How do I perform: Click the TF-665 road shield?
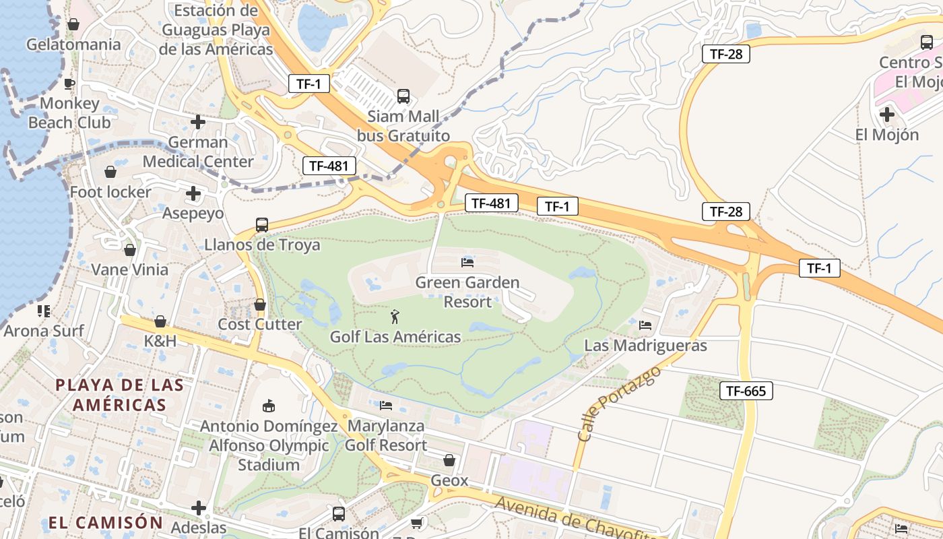(746, 391)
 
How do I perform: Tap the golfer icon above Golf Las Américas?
(395, 315)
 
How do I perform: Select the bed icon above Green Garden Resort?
(467, 261)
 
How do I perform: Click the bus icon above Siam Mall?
(403, 96)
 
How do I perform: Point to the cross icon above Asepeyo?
(193, 194)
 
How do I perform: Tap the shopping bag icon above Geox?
(449, 460)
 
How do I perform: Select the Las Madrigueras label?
(645, 346)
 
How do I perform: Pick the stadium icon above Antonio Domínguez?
(268, 405)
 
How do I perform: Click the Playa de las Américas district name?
(119, 395)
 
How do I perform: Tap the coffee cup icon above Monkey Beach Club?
(69, 84)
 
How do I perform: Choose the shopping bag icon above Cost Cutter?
(260, 305)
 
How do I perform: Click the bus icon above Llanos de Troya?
(261, 224)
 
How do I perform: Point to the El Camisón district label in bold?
(106, 523)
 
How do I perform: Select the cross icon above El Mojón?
(887, 115)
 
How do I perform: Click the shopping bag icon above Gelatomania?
(73, 25)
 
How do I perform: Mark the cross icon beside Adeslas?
(199, 507)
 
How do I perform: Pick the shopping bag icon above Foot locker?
(110, 172)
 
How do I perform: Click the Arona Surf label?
(44, 331)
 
